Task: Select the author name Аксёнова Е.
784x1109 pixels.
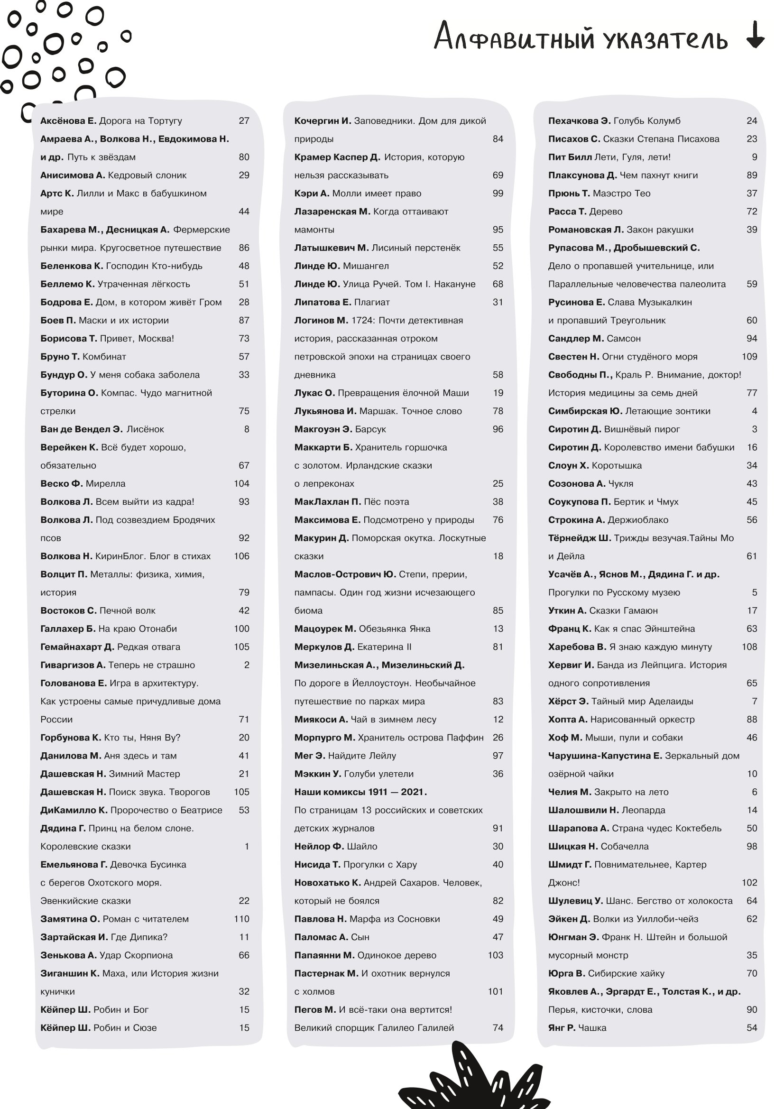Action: (68, 121)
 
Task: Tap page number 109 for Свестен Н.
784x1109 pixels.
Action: (749, 357)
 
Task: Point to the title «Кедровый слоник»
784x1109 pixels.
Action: (147, 176)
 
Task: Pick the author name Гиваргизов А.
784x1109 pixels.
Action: (73, 665)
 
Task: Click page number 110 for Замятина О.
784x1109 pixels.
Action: (241, 919)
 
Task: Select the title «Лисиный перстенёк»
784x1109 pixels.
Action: (415, 248)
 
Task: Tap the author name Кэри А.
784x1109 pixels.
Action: (312, 193)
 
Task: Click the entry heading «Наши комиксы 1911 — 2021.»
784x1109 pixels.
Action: (360, 792)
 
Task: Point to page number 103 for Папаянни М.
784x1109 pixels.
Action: (495, 955)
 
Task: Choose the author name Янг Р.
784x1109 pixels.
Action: (561, 1028)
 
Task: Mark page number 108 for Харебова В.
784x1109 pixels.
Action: (749, 647)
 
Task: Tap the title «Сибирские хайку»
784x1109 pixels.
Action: (626, 973)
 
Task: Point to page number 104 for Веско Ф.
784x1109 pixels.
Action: (241, 483)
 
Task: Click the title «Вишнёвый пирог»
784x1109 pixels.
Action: (642, 429)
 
